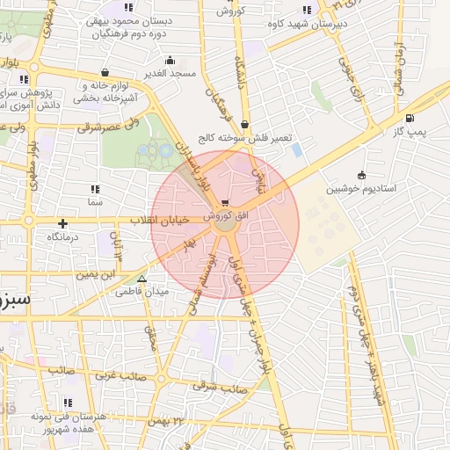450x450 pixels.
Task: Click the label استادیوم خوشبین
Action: (x=361, y=189)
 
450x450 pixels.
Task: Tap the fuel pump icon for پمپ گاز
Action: (x=410, y=119)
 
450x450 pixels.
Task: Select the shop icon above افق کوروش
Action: (x=226, y=202)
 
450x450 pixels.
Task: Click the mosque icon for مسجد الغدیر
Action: (x=170, y=62)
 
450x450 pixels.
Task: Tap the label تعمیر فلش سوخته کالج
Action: (x=243, y=138)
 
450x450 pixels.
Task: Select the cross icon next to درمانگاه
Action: (x=63, y=223)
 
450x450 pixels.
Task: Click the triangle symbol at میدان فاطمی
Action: (x=142, y=279)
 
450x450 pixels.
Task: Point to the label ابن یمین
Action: (x=96, y=275)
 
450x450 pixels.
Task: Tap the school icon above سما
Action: (x=95, y=189)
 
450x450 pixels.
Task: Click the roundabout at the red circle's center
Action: (x=225, y=225)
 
